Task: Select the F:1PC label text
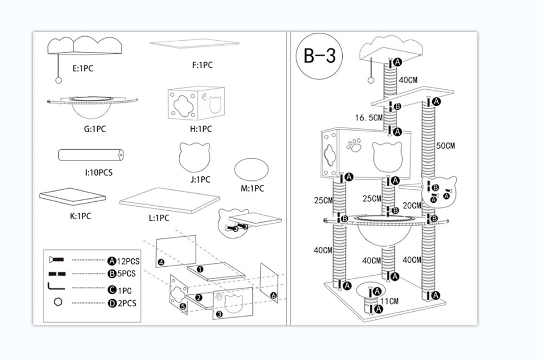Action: (x=202, y=65)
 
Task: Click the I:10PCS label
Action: (x=95, y=172)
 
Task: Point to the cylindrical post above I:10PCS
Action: (x=90, y=154)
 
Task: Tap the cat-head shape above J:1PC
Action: (x=194, y=157)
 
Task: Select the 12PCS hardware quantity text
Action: (x=128, y=261)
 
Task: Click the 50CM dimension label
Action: (x=445, y=146)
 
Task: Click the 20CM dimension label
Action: (x=412, y=205)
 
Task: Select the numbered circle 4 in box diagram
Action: (x=161, y=262)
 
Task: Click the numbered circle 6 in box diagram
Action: (x=273, y=295)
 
